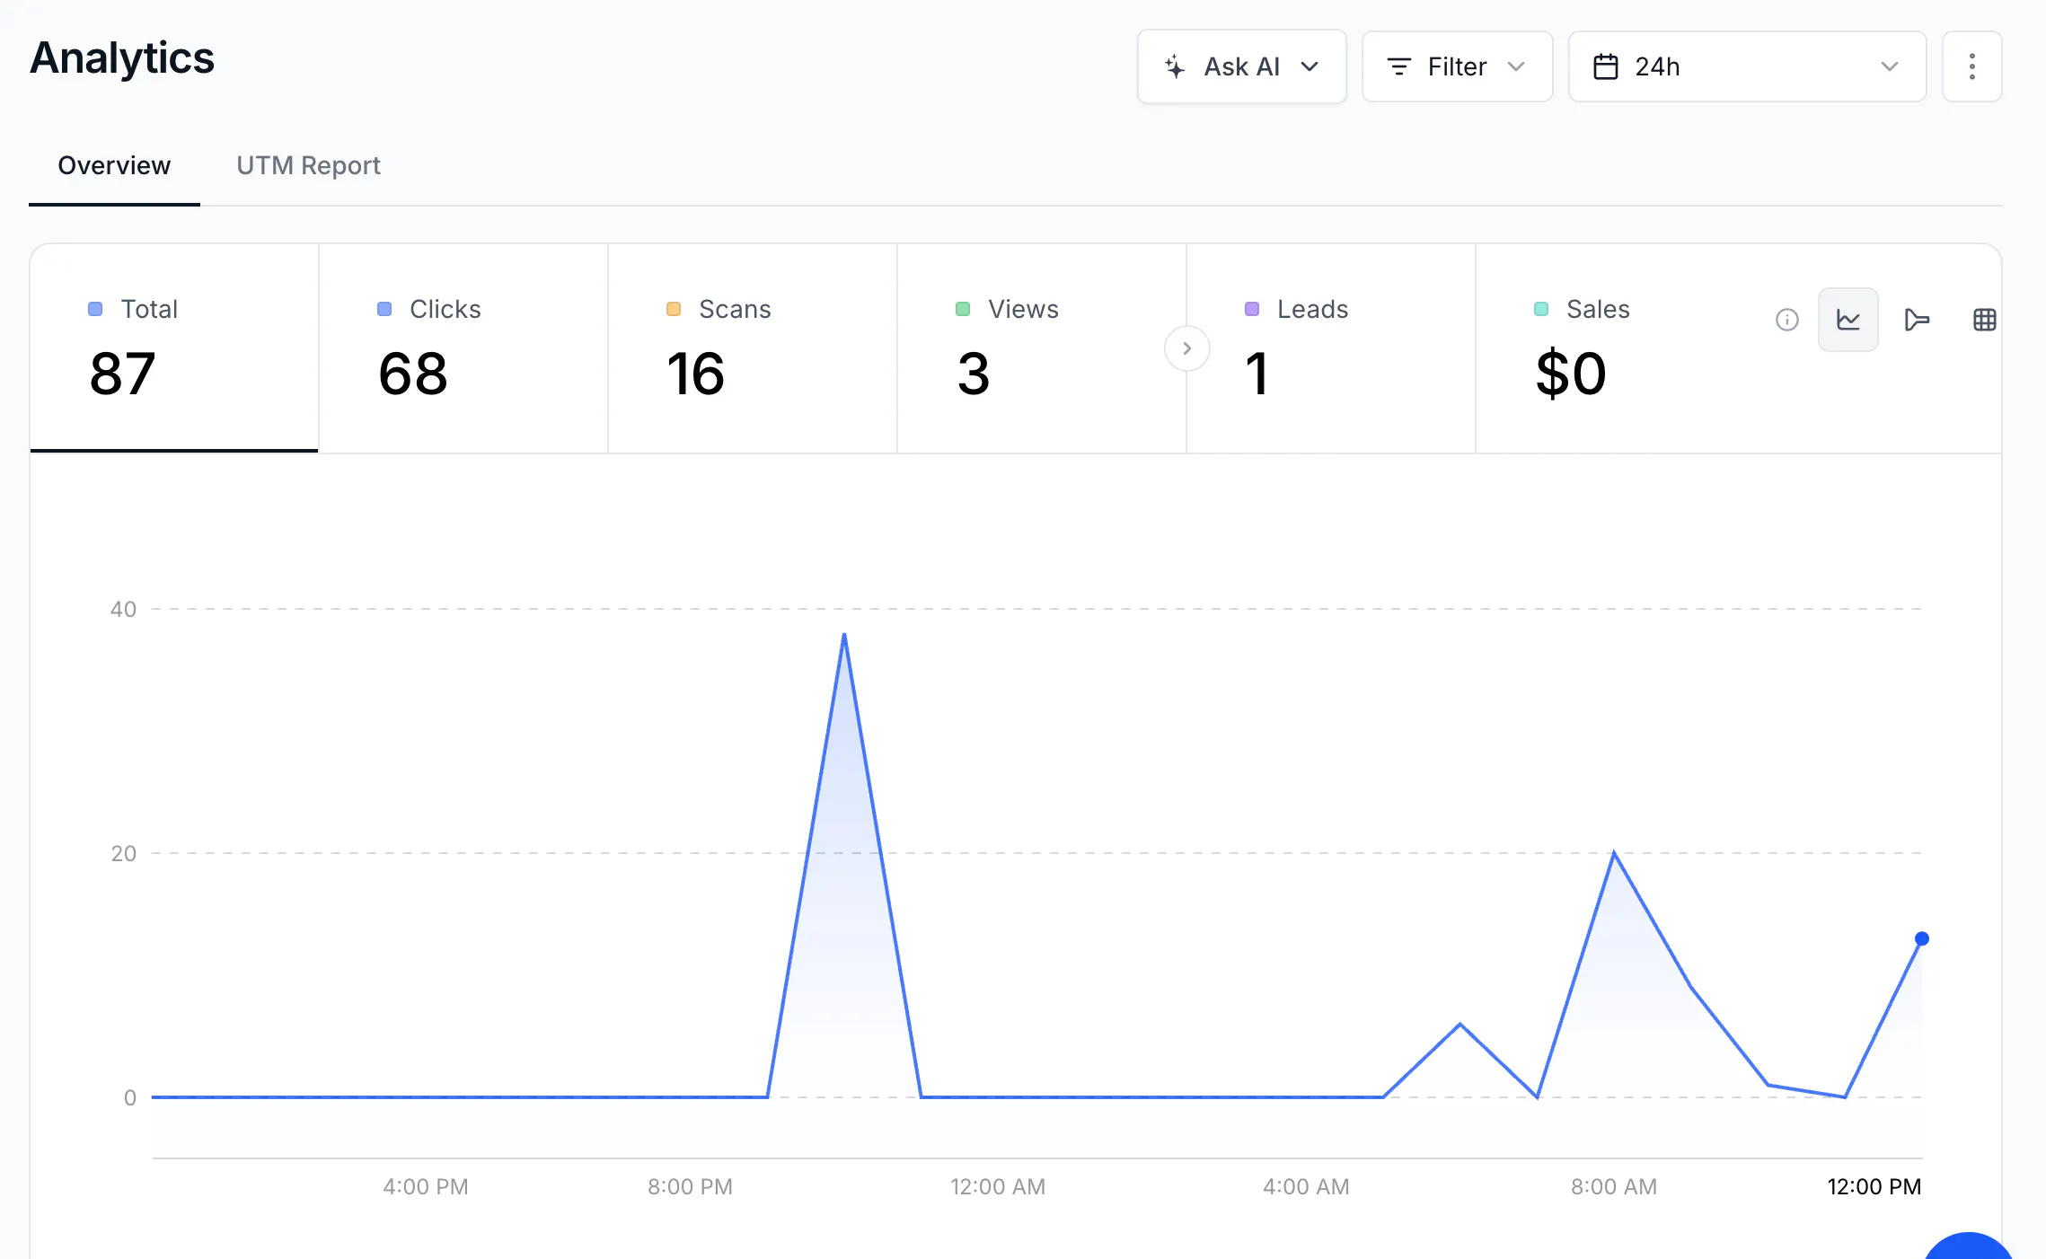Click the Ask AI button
[1241, 66]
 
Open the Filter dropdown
[1457, 66]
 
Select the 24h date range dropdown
[1747, 66]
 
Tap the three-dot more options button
[1971, 66]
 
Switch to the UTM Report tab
[308, 165]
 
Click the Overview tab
[114, 165]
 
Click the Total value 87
[122, 374]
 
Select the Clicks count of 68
[412, 374]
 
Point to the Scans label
[735, 309]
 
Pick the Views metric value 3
[974, 374]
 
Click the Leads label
[1312, 309]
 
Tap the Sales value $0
[1571, 374]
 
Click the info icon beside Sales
[1787, 320]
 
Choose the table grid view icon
[1985, 320]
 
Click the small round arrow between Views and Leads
[1186, 348]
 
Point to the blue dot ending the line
[1922, 938]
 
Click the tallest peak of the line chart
[844, 635]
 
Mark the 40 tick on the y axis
[123, 610]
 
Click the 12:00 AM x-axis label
[998, 1186]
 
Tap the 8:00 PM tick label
[690, 1186]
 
